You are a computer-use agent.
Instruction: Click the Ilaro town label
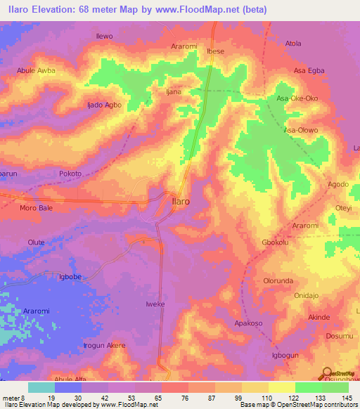[x=181, y=201]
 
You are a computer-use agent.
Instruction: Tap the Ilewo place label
[x=103, y=36]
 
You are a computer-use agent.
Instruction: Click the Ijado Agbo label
[x=104, y=105]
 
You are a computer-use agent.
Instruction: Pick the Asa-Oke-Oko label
[x=297, y=98]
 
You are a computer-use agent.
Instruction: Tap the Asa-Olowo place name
[x=301, y=131]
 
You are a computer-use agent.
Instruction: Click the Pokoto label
[x=70, y=174]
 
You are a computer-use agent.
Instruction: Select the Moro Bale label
[x=37, y=209]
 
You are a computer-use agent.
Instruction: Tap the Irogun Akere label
[x=105, y=346]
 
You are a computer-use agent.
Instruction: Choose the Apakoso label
[x=252, y=323]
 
